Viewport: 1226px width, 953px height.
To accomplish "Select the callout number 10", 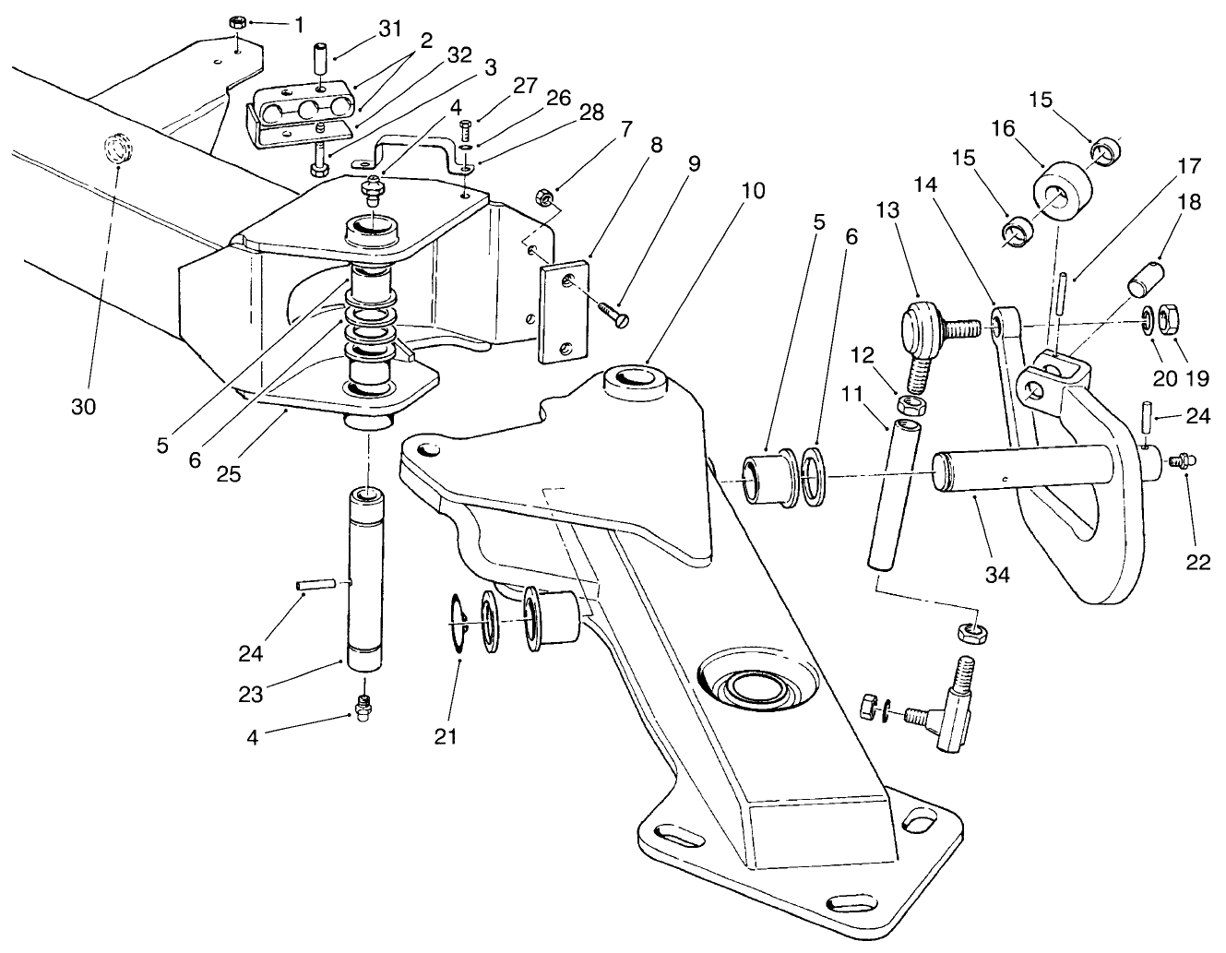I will tap(752, 191).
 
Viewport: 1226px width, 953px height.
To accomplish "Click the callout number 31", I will tap(390, 30).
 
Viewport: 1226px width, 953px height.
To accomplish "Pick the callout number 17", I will tap(1189, 167).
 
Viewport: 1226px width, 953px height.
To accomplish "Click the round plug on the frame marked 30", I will tap(116, 148).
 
